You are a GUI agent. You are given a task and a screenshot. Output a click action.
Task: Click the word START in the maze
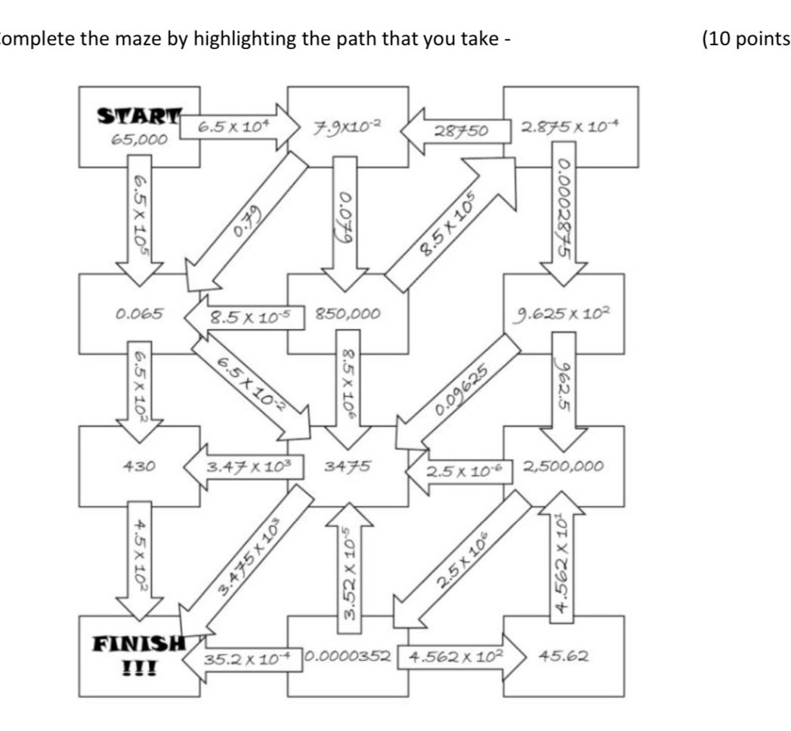click(x=139, y=119)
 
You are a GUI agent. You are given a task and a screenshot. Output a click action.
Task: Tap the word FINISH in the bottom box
click(x=139, y=644)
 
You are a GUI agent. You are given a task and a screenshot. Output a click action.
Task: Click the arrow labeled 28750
click(x=453, y=130)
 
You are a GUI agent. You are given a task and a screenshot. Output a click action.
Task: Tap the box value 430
click(x=139, y=466)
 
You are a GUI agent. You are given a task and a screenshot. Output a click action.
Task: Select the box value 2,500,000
click(x=563, y=466)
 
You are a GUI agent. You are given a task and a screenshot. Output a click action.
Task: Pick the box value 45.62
click(x=563, y=655)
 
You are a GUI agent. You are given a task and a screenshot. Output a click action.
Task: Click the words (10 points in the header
click(x=745, y=39)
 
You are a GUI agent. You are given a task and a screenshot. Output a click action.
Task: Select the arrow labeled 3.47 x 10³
click(x=246, y=466)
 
